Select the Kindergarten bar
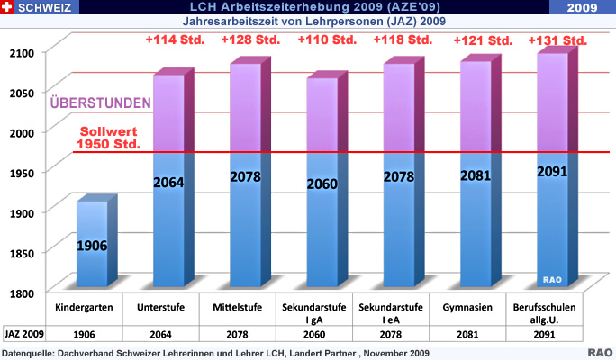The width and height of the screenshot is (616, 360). pos(93,243)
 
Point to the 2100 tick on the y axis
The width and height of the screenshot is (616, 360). pos(23,53)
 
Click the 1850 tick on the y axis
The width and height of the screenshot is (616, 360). pos(23,254)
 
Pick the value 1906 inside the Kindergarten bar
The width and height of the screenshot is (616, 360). pos(93,245)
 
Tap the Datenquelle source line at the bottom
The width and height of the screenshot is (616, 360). pos(216,352)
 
